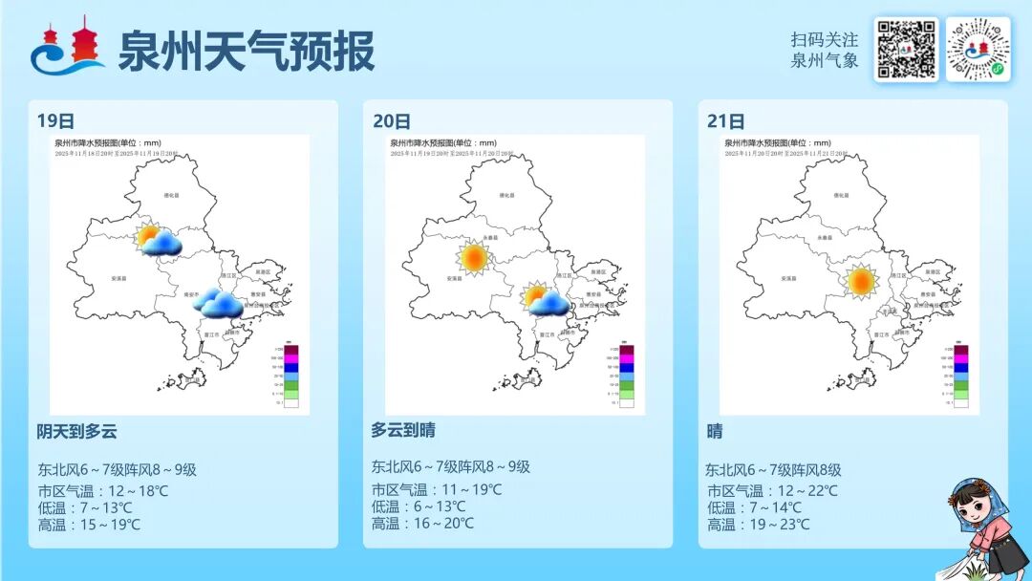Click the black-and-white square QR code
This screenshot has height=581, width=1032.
pyautogui.click(x=906, y=49)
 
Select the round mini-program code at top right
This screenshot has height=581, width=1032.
pyautogui.click(x=978, y=49)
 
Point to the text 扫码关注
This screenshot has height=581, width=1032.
pyautogui.click(x=825, y=40)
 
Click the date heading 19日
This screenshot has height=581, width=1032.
pyautogui.click(x=55, y=121)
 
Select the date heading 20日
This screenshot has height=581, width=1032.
pyautogui.click(x=392, y=121)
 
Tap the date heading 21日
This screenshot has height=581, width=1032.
pyautogui.click(x=726, y=121)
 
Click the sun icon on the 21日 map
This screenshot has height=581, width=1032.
pyautogui.click(x=861, y=282)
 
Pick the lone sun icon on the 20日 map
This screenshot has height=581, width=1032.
pyautogui.click(x=472, y=257)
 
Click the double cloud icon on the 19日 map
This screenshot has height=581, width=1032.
pyautogui.click(x=219, y=304)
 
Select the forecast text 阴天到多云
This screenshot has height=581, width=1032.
pyautogui.click(x=76, y=431)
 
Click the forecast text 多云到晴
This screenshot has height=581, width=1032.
pyautogui.click(x=403, y=430)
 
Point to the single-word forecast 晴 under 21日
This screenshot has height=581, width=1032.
pyautogui.click(x=715, y=431)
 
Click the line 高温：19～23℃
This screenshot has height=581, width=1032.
pyautogui.click(x=758, y=525)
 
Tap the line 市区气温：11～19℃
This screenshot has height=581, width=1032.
pyautogui.click(x=436, y=490)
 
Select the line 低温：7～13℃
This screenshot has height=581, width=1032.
pyautogui.click(x=84, y=507)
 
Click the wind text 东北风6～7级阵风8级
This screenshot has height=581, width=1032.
pyautogui.click(x=773, y=469)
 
